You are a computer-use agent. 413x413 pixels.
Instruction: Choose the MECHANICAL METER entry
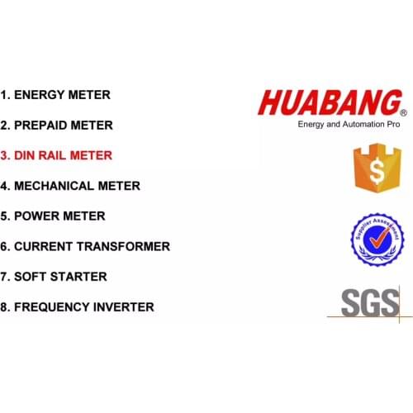(x=70, y=186)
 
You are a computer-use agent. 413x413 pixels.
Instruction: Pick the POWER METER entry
(x=53, y=216)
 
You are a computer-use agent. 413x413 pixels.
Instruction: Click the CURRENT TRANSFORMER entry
(x=85, y=246)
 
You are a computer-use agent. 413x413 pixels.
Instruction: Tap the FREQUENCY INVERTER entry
(x=77, y=307)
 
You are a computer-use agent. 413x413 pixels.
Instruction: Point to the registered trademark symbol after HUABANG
(x=403, y=112)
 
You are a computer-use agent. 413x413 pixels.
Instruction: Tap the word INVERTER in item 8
(x=121, y=307)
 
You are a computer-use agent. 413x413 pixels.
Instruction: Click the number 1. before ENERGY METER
(x=6, y=95)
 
